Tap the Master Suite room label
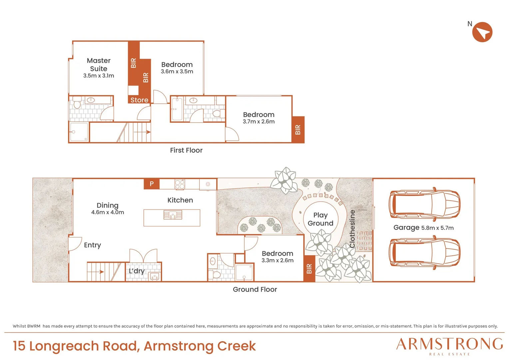coord(99,65)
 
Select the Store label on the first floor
coord(139,100)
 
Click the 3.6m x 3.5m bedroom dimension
coord(177,71)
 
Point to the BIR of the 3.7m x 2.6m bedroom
coord(298,130)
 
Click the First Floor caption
coord(186,150)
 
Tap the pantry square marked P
coord(152,184)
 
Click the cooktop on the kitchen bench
coord(180,184)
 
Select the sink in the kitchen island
coord(173,215)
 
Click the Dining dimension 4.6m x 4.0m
coord(108,212)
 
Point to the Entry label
coord(93,245)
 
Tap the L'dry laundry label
coord(137,271)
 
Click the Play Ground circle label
coord(320,219)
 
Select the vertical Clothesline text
coord(352,229)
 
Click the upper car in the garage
coord(424,204)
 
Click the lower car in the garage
coord(424,252)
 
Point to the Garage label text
coord(406,227)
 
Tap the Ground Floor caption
coord(255,290)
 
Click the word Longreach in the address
coord(64,346)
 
